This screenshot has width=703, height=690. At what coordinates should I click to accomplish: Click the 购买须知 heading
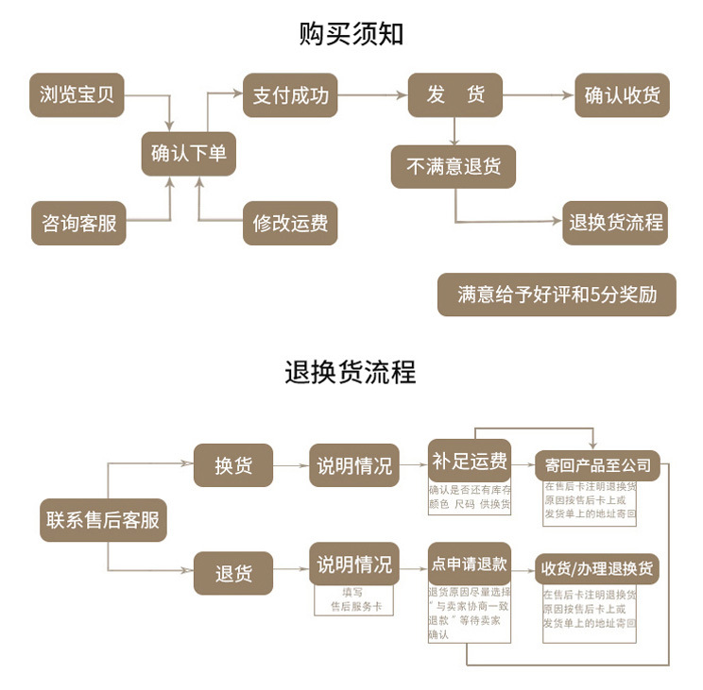tap(351, 35)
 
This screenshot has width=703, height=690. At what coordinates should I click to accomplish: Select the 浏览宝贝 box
tap(77, 95)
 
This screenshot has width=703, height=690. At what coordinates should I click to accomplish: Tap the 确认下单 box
tap(188, 153)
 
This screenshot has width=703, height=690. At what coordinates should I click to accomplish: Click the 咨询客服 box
tap(78, 224)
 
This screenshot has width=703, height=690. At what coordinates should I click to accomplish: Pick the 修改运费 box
tap(290, 224)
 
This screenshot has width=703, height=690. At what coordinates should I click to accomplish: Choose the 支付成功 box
tap(290, 95)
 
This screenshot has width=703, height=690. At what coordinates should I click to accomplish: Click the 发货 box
tap(454, 95)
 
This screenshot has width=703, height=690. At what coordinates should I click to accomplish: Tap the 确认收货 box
tap(622, 95)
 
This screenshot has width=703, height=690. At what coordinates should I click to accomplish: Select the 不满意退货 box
tap(454, 167)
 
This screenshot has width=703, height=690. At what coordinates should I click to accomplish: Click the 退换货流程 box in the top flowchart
tap(616, 224)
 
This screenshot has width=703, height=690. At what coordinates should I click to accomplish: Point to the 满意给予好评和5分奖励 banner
tap(557, 295)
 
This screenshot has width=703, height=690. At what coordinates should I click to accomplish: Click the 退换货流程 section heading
tap(351, 372)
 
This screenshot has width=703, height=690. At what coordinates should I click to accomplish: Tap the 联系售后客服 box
tap(103, 520)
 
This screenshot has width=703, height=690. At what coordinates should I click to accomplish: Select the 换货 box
tap(233, 465)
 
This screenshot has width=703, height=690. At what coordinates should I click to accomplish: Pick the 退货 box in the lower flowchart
tap(233, 573)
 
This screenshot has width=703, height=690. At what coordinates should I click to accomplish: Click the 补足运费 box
tap(469, 462)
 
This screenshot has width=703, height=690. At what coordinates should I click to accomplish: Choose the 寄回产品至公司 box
tap(598, 465)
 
